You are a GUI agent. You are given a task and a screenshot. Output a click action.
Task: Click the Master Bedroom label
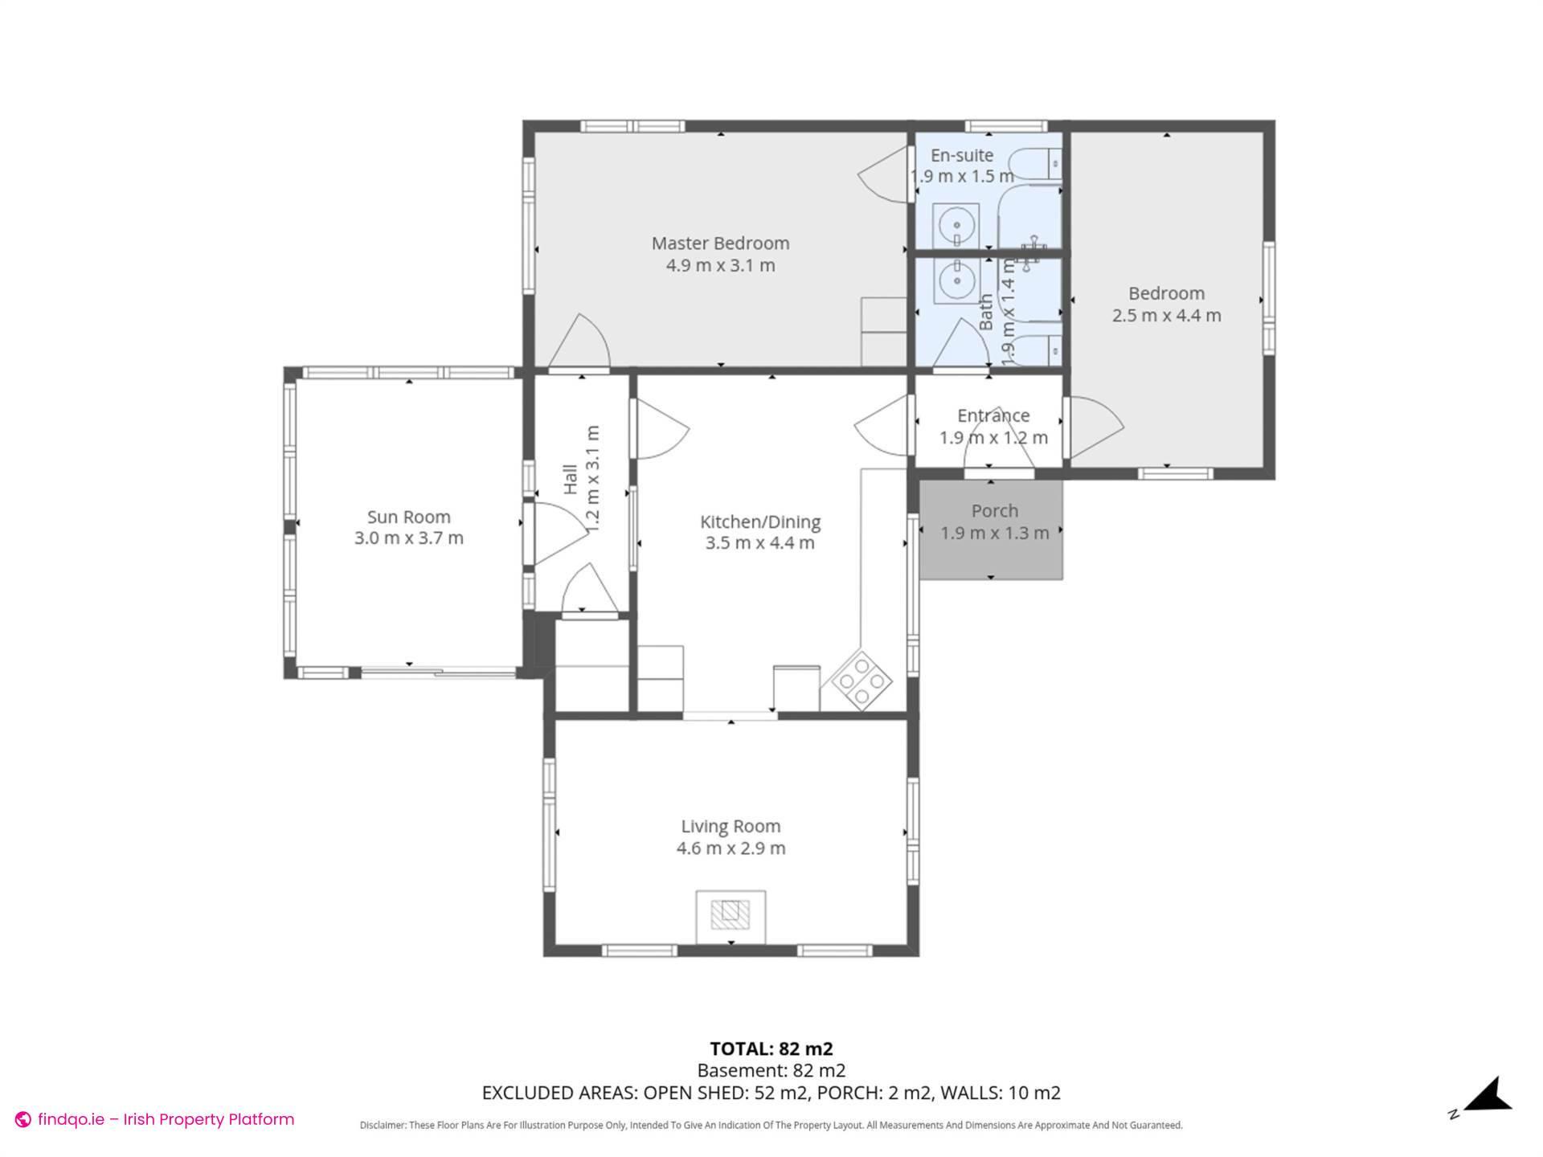click(720, 243)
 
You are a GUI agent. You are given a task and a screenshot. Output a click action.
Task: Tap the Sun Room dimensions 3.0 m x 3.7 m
click(408, 538)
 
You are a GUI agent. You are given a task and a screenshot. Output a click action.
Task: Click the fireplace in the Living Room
click(730, 914)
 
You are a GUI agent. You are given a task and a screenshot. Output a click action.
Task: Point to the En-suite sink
click(956, 225)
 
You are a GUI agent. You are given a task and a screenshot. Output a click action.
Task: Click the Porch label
click(994, 511)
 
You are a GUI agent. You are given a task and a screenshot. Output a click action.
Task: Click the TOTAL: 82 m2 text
click(771, 1049)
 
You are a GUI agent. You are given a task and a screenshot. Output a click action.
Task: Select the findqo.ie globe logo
click(23, 1120)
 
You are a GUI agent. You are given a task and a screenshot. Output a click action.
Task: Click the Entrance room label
click(993, 415)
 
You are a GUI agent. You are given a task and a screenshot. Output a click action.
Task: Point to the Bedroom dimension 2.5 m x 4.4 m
click(1166, 316)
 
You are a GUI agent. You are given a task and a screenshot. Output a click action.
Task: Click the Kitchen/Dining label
click(759, 521)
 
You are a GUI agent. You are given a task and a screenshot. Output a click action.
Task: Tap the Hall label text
click(571, 479)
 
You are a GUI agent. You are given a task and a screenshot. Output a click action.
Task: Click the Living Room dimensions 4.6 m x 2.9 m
click(731, 848)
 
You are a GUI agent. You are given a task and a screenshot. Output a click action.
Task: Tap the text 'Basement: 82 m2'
click(771, 1070)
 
